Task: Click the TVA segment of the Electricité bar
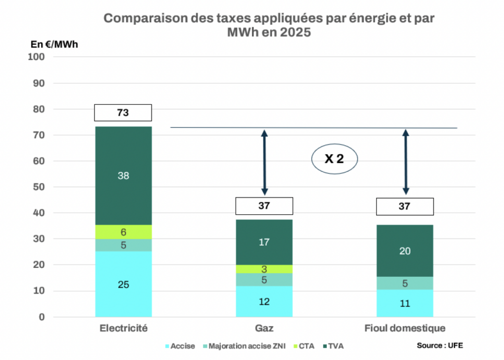123,175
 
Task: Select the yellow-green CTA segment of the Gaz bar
264,269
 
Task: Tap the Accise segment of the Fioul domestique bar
405,303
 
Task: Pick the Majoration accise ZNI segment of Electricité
123,245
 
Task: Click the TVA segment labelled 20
405,251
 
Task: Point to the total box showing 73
123,113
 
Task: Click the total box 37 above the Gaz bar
264,206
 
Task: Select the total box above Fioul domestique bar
405,206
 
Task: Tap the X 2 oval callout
335,159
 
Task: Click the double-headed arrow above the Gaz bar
264,163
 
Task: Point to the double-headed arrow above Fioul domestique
406,163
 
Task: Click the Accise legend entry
180,346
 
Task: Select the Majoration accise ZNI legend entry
242,346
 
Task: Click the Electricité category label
123,328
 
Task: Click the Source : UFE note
440,345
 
